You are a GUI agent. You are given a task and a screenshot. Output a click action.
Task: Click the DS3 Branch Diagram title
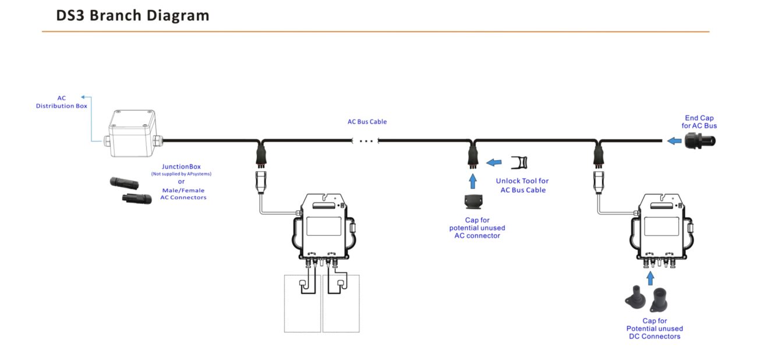click(x=133, y=16)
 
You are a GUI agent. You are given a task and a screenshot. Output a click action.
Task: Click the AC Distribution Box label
click(x=61, y=102)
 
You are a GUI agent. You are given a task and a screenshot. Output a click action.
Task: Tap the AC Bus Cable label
click(x=367, y=122)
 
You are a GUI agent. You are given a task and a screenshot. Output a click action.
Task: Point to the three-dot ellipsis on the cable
click(x=366, y=141)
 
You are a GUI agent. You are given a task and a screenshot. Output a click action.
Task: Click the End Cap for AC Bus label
click(x=699, y=122)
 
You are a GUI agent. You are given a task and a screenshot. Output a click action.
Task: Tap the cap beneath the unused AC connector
click(x=473, y=202)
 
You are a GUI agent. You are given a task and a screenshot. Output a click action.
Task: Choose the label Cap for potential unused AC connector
click(x=475, y=228)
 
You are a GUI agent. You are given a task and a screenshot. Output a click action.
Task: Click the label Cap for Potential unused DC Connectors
click(x=655, y=329)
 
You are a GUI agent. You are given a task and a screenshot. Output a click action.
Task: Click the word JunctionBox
click(x=181, y=167)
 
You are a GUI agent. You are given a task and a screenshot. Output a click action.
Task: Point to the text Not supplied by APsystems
click(x=181, y=174)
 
